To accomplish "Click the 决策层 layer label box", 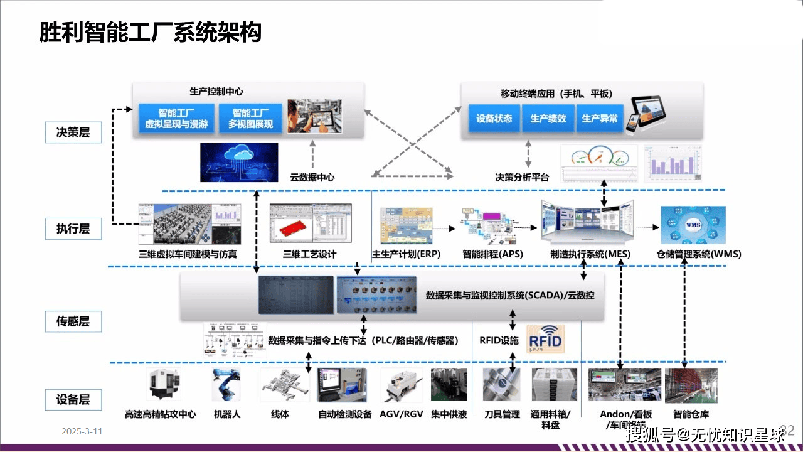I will (73, 132).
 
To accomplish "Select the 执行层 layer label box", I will (73, 229).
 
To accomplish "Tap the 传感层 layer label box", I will (73, 321).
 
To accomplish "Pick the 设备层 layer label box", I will (73, 399).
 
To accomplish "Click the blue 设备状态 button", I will (494, 119).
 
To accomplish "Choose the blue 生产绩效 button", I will (548, 119).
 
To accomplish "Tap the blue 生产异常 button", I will (600, 119).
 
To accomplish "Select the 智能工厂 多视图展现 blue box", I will (253, 119).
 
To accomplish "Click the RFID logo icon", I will (545, 339).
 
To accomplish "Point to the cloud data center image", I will (239, 163).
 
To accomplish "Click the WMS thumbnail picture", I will (693, 225).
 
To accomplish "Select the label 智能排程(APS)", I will (492, 254).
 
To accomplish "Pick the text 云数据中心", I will (312, 177).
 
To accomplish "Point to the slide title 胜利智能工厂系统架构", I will (150, 32).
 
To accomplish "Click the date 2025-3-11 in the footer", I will (82, 432).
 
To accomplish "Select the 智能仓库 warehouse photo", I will (691, 385).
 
